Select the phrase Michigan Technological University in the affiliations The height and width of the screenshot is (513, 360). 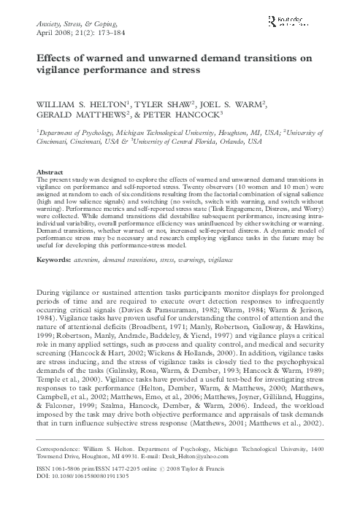[x=181, y=144]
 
